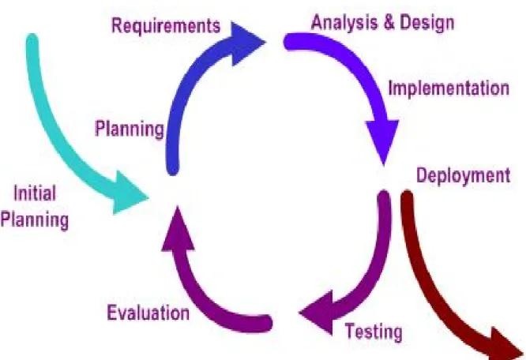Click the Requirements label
pyautogui.click(x=166, y=26)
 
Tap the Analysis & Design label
pyautogui.click(x=383, y=23)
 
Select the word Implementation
pyautogui.click(x=449, y=88)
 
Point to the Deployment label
pyautogui.click(x=464, y=175)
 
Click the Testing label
pyautogui.click(x=374, y=332)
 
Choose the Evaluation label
pyautogui.click(x=148, y=313)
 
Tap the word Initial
pyautogui.click(x=35, y=193)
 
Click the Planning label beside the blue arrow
pyautogui.click(x=130, y=129)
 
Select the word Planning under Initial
pyautogui.click(x=35, y=220)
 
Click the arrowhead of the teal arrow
pyautogui.click(x=130, y=193)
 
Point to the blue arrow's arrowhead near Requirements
pyautogui.click(x=247, y=43)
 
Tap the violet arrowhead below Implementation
pyautogui.click(x=382, y=141)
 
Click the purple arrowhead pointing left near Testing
pyautogui.click(x=317, y=313)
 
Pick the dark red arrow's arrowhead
pyautogui.click(x=506, y=344)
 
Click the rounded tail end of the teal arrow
pyautogui.click(x=32, y=39)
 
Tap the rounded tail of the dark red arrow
pyautogui.click(x=407, y=197)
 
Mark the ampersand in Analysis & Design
pyautogui.click(x=389, y=23)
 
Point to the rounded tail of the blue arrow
pyautogui.click(x=172, y=169)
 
